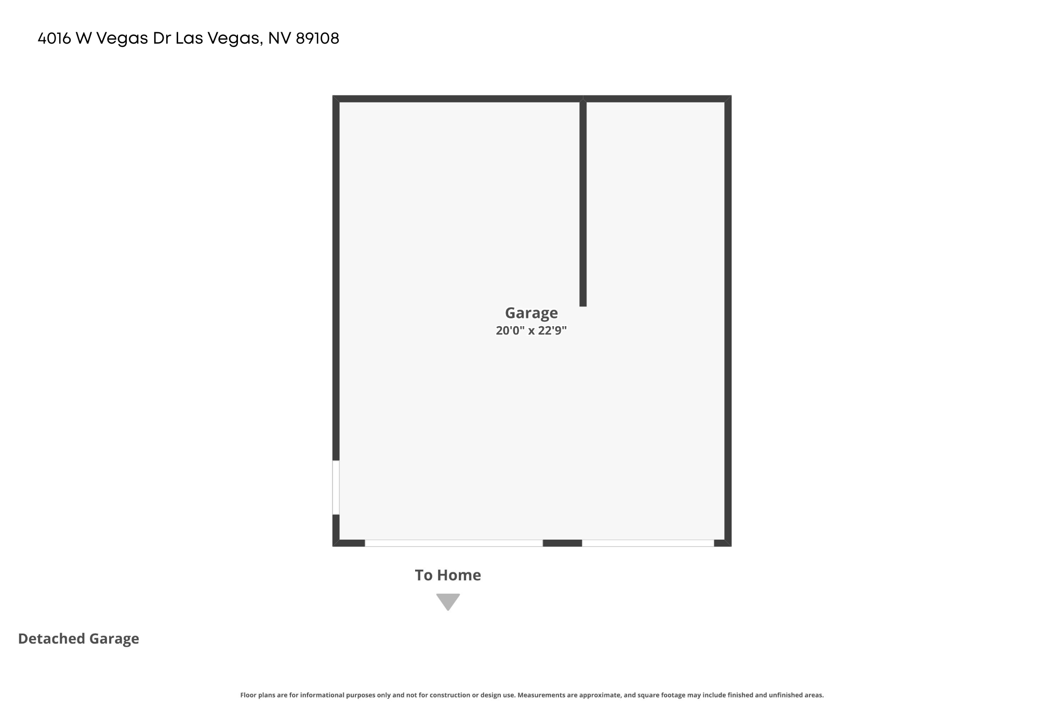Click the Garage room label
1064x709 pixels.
tap(531, 313)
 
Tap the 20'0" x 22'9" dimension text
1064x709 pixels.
tap(531, 330)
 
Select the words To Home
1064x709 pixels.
tap(448, 575)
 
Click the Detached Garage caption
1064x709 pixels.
tap(78, 639)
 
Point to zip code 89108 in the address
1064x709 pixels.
tap(317, 38)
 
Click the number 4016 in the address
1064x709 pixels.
tap(55, 38)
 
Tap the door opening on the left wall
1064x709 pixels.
tap(336, 487)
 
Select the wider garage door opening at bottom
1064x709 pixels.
tap(454, 543)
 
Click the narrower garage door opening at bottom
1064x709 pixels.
tap(648, 543)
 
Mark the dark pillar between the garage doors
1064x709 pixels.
tap(562, 543)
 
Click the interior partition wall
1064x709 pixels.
tap(583, 203)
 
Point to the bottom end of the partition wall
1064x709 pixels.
tap(583, 306)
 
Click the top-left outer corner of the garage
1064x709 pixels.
tap(333, 96)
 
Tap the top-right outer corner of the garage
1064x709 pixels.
tap(731, 96)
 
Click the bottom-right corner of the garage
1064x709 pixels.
tap(731, 546)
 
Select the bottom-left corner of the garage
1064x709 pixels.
tap(333, 546)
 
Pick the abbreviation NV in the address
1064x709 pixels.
tap(279, 38)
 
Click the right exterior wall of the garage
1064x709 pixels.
tap(728, 321)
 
